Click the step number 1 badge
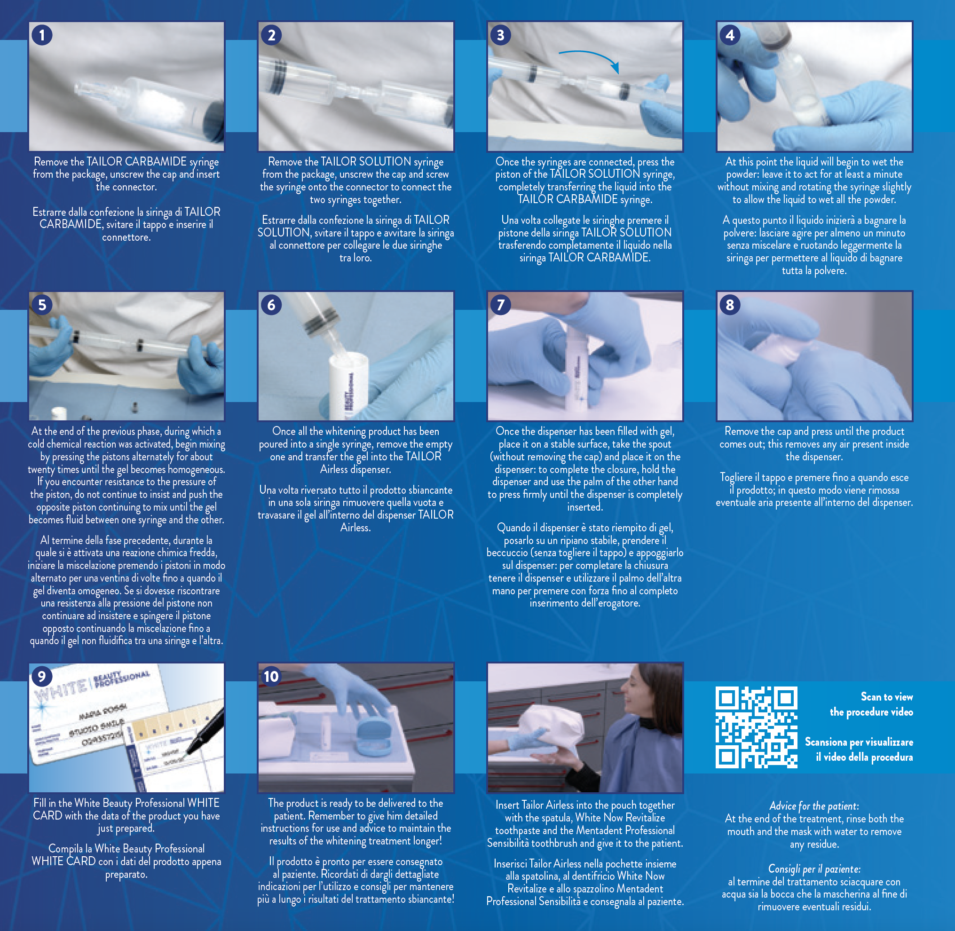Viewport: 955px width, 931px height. (42, 35)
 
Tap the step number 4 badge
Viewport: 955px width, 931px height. (730, 35)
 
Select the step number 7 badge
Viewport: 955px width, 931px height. (500, 305)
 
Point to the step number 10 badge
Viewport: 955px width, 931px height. (271, 676)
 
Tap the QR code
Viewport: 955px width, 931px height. (756, 727)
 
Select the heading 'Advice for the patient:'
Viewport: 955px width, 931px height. (813, 806)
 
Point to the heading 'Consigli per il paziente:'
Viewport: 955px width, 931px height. (814, 869)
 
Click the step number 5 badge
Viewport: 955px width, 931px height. (42, 305)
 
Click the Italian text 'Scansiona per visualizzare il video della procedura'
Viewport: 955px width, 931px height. (859, 750)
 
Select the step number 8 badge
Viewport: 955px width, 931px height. (730, 305)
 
